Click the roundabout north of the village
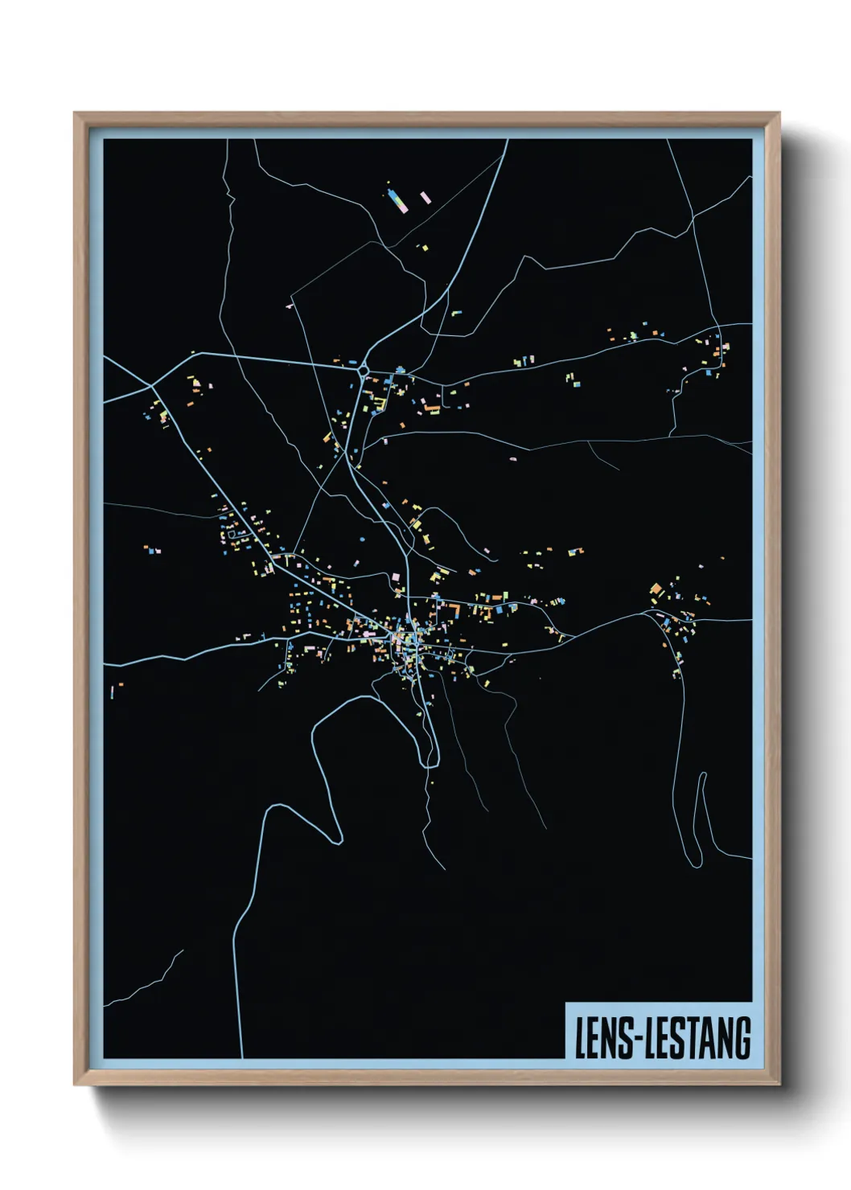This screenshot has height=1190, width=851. (364, 371)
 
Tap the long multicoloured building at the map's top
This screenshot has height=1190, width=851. (395, 200)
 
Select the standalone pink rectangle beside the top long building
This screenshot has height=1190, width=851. (425, 197)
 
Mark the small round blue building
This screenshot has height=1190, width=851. (361, 539)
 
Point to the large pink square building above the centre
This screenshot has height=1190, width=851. (395, 577)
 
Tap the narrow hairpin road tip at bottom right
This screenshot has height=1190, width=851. (702, 775)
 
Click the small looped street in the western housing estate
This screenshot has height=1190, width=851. (236, 531)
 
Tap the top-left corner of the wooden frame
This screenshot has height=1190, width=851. (75, 113)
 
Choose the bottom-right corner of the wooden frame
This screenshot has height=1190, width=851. (779, 1084)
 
